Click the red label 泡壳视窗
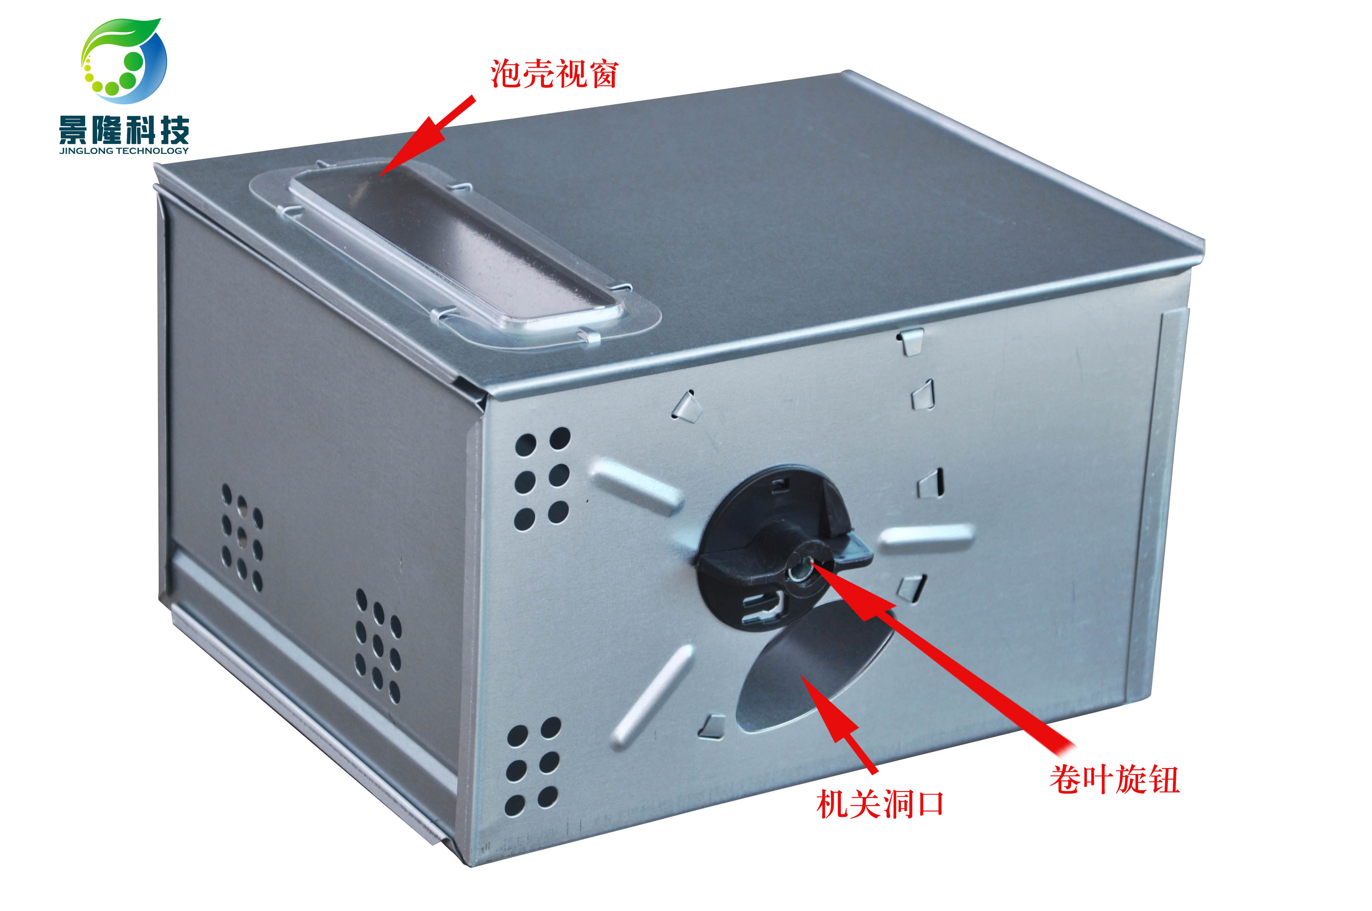point(554,74)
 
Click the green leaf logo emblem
point(124,61)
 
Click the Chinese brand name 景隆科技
point(124,129)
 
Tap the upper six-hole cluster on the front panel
point(542,479)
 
